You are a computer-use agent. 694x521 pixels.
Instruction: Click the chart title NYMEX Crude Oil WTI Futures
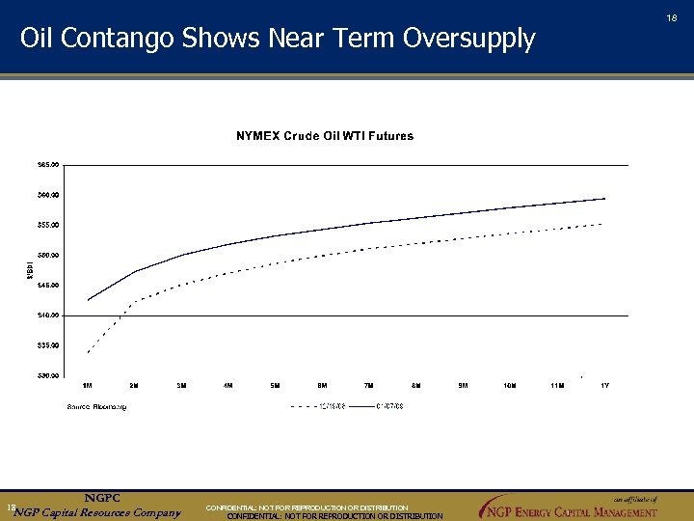tap(325, 136)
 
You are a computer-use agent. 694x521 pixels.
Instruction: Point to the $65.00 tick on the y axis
tap(47, 165)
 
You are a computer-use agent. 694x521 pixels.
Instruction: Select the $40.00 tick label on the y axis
tap(47, 315)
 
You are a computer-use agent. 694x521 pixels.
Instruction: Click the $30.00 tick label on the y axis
tap(47, 375)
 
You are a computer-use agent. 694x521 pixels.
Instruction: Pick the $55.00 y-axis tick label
tap(47, 225)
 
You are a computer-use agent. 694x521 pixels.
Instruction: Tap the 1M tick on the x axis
tap(88, 386)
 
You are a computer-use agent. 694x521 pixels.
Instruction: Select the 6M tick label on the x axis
tap(323, 386)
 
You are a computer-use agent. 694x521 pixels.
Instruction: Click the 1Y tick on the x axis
tap(604, 386)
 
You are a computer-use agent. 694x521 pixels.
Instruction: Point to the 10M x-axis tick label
tap(510, 386)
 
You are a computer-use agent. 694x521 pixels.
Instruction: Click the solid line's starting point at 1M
tap(88, 300)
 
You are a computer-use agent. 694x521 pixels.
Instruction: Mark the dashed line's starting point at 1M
tap(88, 352)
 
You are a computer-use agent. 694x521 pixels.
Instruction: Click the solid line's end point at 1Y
tap(604, 198)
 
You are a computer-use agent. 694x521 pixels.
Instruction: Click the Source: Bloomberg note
tap(96, 406)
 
